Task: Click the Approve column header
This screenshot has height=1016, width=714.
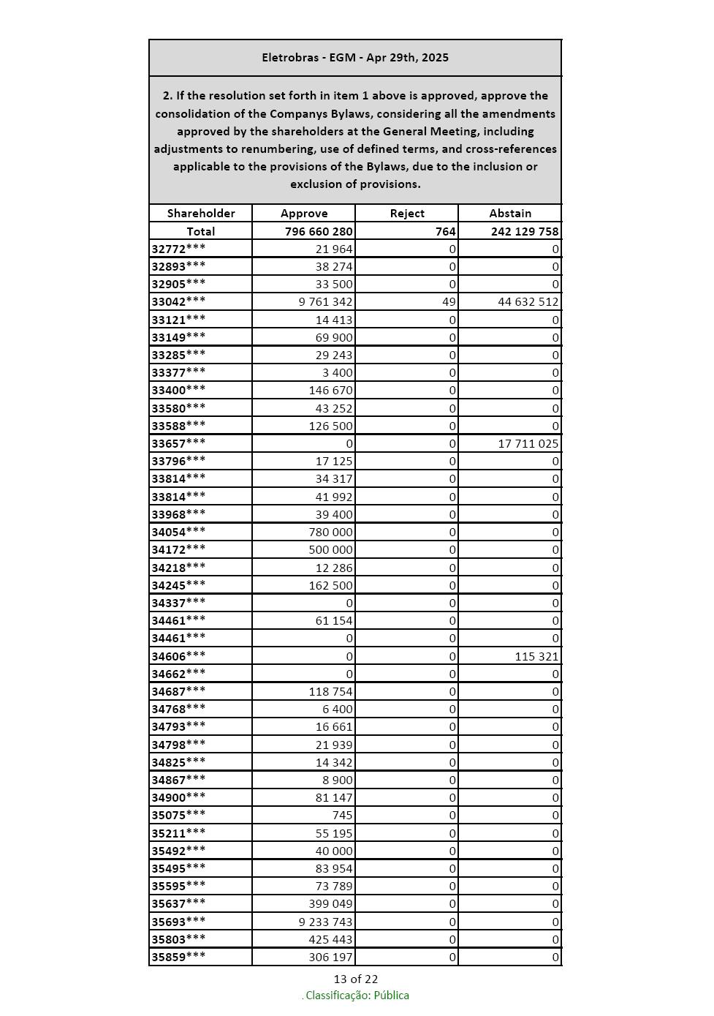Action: pos(304,214)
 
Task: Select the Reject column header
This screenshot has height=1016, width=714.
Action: pos(407,214)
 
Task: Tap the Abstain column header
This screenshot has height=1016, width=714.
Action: pos(510,214)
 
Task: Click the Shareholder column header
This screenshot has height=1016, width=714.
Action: pos(201,214)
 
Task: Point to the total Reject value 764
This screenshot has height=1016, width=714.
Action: pos(445,231)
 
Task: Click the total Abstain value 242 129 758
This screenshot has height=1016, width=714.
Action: pos(524,231)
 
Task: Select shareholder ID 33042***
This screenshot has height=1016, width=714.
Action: pos(178,301)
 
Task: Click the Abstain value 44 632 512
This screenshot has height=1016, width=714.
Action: pos(528,302)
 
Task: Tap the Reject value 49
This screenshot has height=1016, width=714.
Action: pos(449,302)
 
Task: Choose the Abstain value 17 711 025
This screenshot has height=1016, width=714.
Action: pos(528,443)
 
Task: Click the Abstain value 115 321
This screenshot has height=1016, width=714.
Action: pos(536,657)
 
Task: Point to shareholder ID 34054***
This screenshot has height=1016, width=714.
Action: pos(178,532)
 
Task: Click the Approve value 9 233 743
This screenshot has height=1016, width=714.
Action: pos(325,922)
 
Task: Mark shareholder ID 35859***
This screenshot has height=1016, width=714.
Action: pos(178,957)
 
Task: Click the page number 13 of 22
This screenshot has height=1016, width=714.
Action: pos(356,979)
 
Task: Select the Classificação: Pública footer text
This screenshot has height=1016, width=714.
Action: pos(357,996)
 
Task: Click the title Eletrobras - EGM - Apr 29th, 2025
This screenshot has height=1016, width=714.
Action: pos(355,58)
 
